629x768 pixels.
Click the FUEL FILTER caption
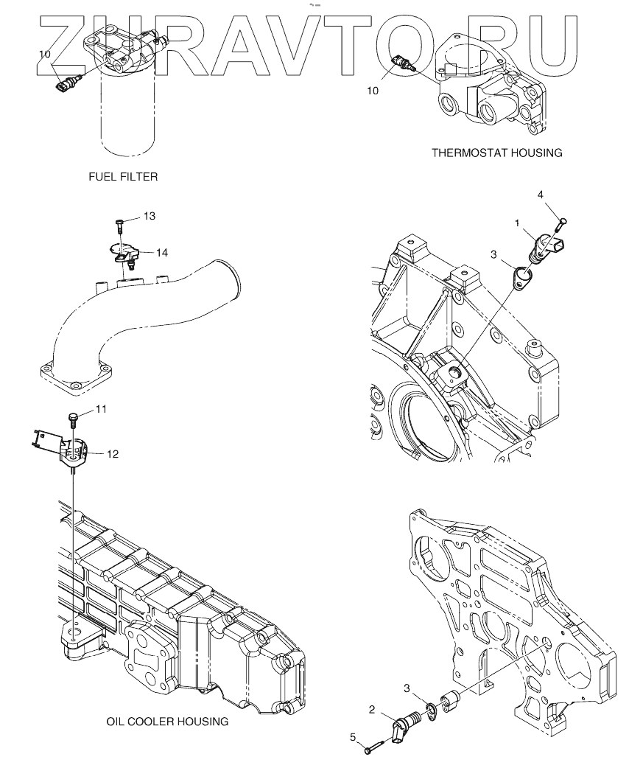coord(123,177)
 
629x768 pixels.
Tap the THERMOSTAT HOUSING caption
coord(497,153)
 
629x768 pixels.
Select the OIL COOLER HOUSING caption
coord(167,722)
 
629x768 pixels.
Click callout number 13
coord(150,216)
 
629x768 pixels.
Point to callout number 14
coord(162,253)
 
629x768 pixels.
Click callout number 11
coord(102,409)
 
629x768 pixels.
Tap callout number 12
coord(113,455)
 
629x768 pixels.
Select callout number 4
coord(541,195)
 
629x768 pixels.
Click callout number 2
coord(372,710)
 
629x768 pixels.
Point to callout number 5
coord(353,737)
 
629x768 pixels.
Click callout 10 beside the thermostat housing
coord(373,91)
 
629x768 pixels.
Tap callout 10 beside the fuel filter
coord(44,55)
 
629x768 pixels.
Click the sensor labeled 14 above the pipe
coord(124,255)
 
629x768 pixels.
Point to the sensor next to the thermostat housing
coord(403,63)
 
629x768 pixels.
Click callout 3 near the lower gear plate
coord(407,688)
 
